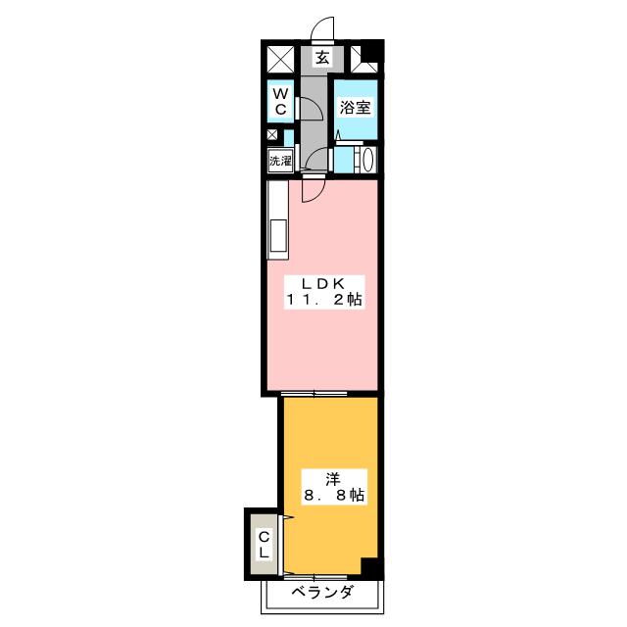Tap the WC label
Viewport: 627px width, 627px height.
pyautogui.click(x=280, y=102)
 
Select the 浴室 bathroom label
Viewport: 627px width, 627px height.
pyautogui.click(x=355, y=108)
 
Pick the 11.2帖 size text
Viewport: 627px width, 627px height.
pyautogui.click(x=323, y=302)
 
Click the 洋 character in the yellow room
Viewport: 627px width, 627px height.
pyautogui.click(x=332, y=478)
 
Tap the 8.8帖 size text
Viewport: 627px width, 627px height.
pyautogui.click(x=332, y=497)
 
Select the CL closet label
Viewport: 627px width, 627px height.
pyautogui.click(x=265, y=545)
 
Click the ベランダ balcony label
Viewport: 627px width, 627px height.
pyautogui.click(x=321, y=594)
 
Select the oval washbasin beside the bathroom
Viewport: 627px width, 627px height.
pyautogui.click(x=366, y=160)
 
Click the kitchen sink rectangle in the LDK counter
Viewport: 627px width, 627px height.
pyautogui.click(x=277, y=237)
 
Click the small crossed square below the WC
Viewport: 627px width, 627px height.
pyautogui.click(x=272, y=135)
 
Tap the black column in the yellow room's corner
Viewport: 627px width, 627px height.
pyautogui.click(x=368, y=566)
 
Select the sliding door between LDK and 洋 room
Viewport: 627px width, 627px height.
pyautogui.click(x=314, y=394)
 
